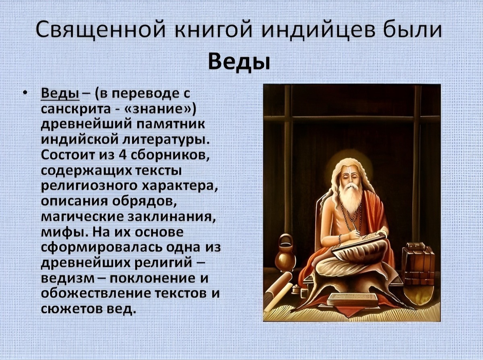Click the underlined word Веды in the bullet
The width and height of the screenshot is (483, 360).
pyautogui.click(x=60, y=94)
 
